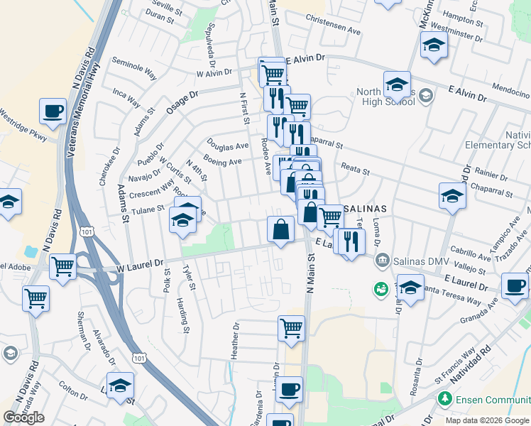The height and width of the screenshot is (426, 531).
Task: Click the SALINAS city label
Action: pos(364,209)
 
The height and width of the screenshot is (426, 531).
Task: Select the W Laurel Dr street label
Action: pos(141,264)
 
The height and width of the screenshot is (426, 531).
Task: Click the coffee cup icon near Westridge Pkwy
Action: pos(53,111)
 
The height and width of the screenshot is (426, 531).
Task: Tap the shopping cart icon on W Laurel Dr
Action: pos(63,267)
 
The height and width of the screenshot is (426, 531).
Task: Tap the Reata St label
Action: pos(356,170)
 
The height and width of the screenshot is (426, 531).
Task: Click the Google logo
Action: pos(24,417)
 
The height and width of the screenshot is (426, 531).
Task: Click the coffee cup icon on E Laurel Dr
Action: pos(515,286)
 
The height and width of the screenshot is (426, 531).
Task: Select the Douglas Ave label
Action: pos(227,146)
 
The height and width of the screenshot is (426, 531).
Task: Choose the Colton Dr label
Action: pos(72,389)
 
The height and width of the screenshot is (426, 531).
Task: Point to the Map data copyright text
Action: pos(486,420)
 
